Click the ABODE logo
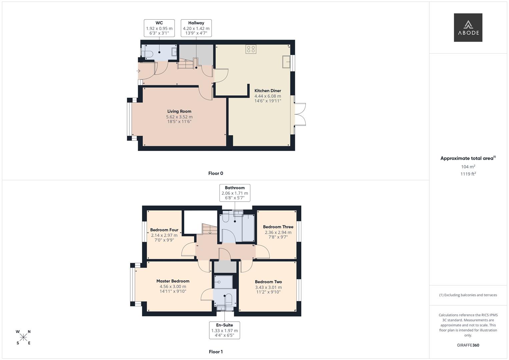(468, 27)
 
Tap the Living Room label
(179, 111)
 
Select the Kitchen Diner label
(268, 91)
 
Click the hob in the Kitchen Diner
(251, 49)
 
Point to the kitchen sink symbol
(286, 62)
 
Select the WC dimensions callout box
(159, 28)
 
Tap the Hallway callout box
(196, 28)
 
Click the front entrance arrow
(139, 71)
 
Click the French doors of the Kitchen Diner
(300, 114)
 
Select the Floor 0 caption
(216, 173)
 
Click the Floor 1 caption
(216, 352)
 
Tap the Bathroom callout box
(235, 193)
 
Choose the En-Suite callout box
(224, 330)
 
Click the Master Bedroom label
(173, 281)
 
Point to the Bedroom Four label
(164, 230)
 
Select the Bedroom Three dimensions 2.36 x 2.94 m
(278, 232)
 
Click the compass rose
(23, 337)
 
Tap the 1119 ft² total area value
(468, 174)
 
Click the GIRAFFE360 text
(468, 345)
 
